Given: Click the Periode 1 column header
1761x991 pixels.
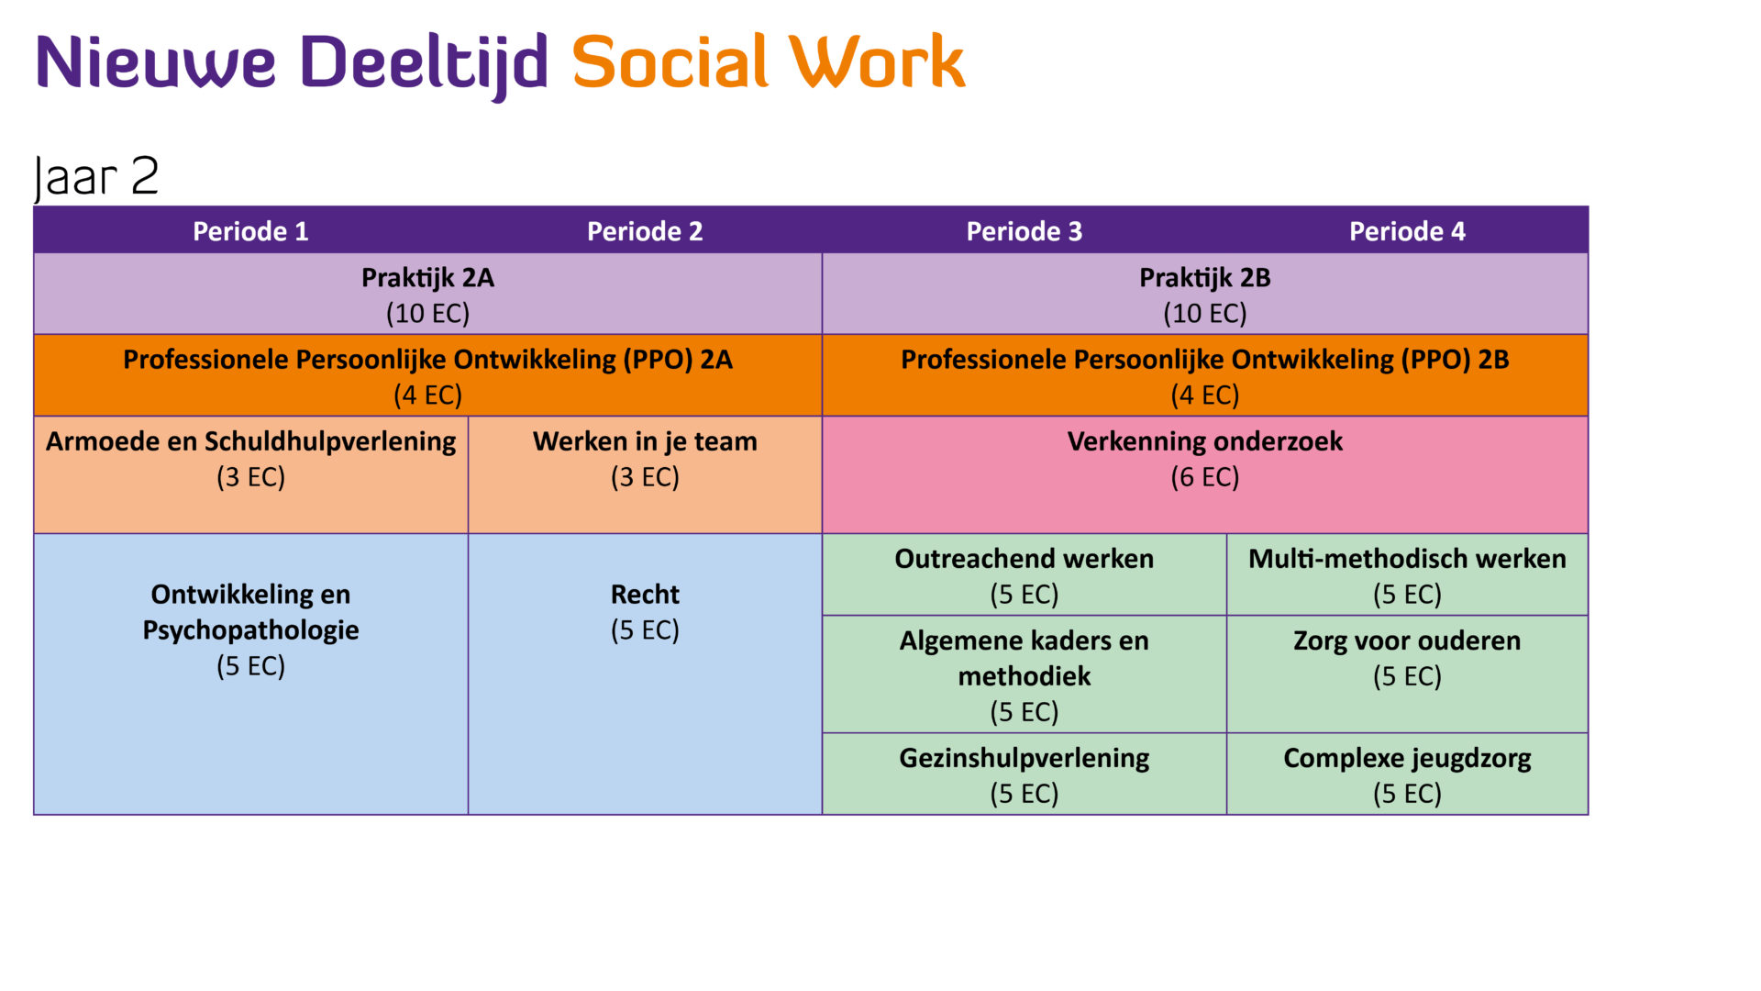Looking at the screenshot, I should pyautogui.click(x=250, y=231).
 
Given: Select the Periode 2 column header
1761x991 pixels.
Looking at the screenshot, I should pyautogui.click(x=645, y=231).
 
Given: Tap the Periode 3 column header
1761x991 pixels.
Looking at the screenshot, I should pyautogui.click(x=1024, y=231).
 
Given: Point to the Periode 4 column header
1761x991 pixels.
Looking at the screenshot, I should pyautogui.click(x=1407, y=231).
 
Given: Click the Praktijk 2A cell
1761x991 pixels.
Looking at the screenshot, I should pyautogui.click(x=427, y=295).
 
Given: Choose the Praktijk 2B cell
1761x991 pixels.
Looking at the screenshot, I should pyautogui.click(x=1204, y=295).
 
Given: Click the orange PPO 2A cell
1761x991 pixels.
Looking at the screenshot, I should pyautogui.click(x=427, y=376).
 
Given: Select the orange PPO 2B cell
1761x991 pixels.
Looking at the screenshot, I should pyautogui.click(x=1204, y=376).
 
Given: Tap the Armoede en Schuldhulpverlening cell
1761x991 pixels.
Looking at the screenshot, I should pyautogui.click(x=250, y=459).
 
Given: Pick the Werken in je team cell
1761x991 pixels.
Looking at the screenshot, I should pyautogui.click(x=645, y=459).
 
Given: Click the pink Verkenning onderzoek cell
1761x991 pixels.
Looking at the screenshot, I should pyautogui.click(x=1204, y=459).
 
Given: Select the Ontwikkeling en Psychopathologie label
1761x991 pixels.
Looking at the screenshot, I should pyautogui.click(x=250, y=612).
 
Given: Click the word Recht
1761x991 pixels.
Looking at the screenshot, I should pyautogui.click(x=645, y=595).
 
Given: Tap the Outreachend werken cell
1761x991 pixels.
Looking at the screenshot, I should pyautogui.click(x=1024, y=575).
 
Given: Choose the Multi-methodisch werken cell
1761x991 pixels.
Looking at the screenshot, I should pyautogui.click(x=1407, y=575).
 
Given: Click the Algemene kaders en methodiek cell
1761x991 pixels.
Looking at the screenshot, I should pyautogui.click(x=1024, y=675).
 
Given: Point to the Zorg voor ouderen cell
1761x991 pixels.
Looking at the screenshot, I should pyautogui.click(x=1407, y=658).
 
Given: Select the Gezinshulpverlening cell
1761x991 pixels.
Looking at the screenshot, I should pyautogui.click(x=1024, y=774).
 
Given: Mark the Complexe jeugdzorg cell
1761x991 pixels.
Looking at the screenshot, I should pyautogui.click(x=1407, y=774).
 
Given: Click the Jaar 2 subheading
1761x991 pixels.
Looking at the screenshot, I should pyautogui.click(x=96, y=176).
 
